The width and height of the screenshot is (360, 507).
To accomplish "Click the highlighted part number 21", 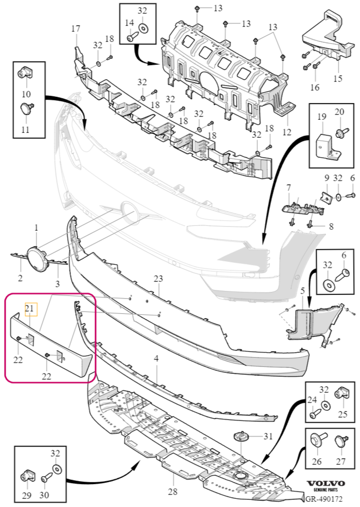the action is (30, 308).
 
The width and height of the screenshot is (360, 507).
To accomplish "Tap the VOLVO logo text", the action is (325, 484).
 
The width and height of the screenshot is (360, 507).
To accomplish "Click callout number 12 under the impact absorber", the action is (287, 132).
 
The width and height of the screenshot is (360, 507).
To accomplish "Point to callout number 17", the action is (76, 29).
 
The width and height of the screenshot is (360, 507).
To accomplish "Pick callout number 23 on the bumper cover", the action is (158, 279).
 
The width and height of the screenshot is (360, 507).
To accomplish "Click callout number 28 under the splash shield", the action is (173, 492).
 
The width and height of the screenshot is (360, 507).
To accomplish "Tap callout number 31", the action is (268, 436).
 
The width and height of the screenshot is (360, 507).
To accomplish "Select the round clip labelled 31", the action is (241, 436).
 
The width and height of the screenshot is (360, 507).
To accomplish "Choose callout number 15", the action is (337, 79).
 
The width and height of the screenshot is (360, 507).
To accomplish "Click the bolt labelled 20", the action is (342, 133).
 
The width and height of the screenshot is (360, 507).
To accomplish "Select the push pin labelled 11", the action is (27, 108).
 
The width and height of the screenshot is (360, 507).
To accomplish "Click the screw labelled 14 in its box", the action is (131, 37).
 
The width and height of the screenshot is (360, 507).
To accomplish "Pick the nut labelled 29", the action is (25, 476).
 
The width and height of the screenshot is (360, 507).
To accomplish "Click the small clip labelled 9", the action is (327, 197).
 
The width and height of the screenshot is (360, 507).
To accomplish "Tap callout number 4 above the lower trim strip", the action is (157, 358).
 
